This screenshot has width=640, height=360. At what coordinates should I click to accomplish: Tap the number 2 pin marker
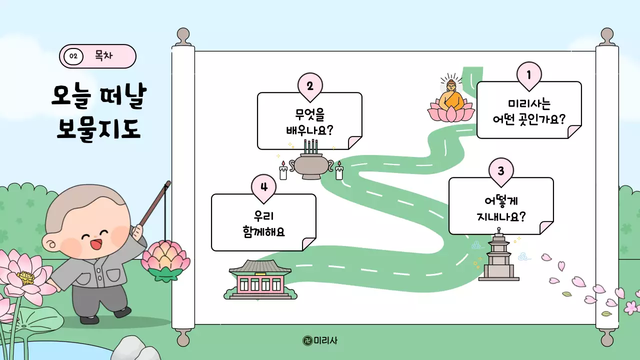coord(310,86)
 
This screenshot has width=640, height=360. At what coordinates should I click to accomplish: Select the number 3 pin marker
coord(501,171)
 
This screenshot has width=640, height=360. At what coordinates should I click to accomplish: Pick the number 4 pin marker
coord(264,187)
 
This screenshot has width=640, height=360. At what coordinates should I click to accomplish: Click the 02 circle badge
coord(73,56)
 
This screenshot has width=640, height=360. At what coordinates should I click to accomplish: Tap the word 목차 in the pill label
coord(104,55)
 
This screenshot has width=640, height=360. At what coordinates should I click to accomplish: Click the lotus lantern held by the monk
coord(164,258)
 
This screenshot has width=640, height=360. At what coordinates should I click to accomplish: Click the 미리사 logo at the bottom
coord(320,340)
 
